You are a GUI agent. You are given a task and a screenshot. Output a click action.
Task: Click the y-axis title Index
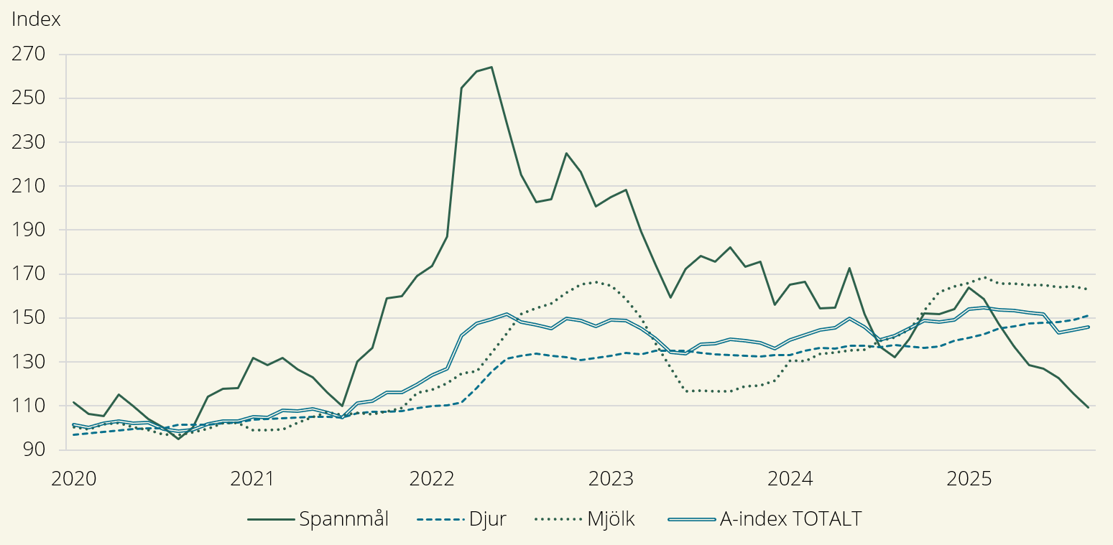pos(36,19)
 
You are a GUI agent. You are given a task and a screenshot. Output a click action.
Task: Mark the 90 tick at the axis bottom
pos(33,450)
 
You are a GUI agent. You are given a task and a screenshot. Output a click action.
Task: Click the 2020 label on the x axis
pos(73,478)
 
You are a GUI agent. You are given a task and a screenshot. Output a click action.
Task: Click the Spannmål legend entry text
pos(344,519)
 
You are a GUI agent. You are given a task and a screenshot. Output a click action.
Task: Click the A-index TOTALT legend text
pos(790,519)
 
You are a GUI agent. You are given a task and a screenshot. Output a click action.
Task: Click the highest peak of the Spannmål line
pos(491,67)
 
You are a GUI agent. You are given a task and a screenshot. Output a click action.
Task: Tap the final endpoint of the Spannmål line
pos(1088,407)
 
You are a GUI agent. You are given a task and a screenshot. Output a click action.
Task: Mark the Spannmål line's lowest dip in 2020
pos(177,438)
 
